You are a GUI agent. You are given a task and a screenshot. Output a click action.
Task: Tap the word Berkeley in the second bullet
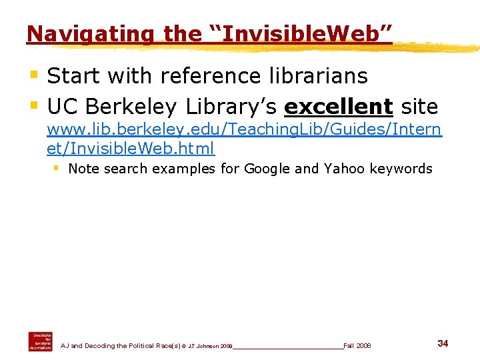[133, 107]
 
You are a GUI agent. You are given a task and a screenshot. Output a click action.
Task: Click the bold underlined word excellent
[338, 107]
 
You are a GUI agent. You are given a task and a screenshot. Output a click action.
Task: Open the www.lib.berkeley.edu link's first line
[243, 131]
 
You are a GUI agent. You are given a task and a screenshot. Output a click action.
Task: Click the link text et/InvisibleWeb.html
[131, 148]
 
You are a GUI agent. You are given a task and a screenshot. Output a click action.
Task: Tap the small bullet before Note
[57, 168]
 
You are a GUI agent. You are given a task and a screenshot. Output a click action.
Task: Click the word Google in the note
[267, 169]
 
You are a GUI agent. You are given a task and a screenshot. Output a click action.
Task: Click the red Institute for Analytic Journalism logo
[40, 341]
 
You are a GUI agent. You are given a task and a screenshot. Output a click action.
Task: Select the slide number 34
[443, 343]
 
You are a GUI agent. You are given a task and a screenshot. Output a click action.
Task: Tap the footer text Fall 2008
[357, 346]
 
